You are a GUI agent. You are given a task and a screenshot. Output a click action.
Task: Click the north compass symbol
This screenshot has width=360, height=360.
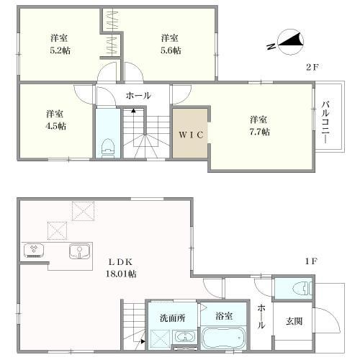click(287, 42)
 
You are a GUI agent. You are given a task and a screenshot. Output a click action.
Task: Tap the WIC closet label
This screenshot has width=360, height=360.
click(192, 135)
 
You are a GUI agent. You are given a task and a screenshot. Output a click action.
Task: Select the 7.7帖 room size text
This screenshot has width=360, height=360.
click(259, 132)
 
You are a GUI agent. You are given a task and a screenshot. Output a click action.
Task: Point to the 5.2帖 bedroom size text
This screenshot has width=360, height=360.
click(60, 50)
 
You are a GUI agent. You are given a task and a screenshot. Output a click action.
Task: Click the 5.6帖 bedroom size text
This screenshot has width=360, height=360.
click(171, 50)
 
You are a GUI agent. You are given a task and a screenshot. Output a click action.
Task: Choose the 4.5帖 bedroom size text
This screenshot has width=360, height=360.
click(55, 126)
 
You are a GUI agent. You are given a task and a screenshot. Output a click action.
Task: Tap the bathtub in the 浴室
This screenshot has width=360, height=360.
click(224, 338)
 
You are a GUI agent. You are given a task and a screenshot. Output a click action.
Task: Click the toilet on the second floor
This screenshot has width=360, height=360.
click(108, 148)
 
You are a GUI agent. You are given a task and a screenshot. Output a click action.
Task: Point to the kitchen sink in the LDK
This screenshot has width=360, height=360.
click(80, 251)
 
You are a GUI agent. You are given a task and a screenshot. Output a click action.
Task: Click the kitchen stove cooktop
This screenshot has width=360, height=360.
click(34, 251)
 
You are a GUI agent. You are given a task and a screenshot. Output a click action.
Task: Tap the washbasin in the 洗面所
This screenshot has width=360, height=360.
click(185, 337)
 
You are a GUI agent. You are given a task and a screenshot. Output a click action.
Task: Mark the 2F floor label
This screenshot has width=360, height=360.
click(312, 67)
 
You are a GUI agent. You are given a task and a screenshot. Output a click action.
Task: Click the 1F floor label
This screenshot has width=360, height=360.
click(311, 261)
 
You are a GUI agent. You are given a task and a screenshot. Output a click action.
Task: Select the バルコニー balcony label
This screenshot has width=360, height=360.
click(325, 122)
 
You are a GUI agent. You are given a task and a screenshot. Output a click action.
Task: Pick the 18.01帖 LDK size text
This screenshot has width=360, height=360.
click(121, 274)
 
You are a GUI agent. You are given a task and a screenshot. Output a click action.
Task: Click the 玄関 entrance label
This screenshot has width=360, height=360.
click(294, 321)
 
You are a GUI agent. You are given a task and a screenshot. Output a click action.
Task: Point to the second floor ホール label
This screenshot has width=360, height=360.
click(138, 96)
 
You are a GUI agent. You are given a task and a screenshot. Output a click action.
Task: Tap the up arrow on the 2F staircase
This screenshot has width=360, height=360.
click(133, 111)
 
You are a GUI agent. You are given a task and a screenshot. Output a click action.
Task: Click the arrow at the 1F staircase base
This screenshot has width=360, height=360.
click(143, 341)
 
